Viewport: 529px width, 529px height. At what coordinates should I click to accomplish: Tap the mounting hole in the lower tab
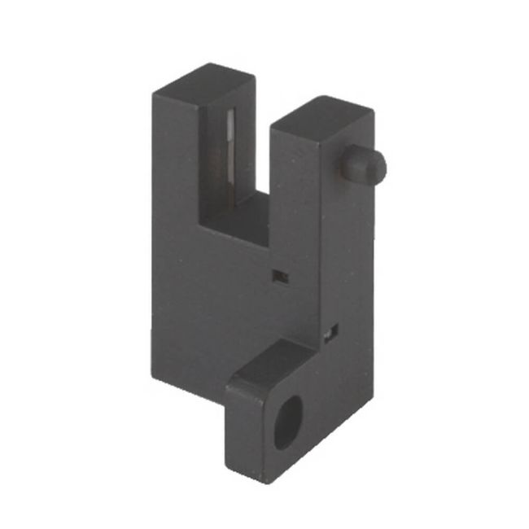pyautogui.click(x=287, y=422)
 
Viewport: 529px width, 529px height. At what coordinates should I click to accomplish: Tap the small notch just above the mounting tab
pyautogui.click(x=330, y=332)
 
